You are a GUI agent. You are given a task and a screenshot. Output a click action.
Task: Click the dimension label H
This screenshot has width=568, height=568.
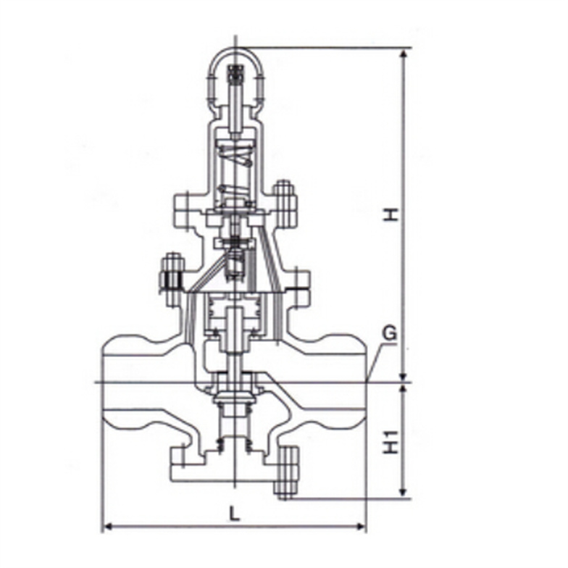pyautogui.click(x=391, y=214)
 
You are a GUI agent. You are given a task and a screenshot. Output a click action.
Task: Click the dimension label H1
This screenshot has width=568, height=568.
pyautogui.click(x=391, y=442)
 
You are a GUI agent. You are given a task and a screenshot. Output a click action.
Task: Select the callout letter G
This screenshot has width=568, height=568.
pyautogui.click(x=390, y=333)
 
